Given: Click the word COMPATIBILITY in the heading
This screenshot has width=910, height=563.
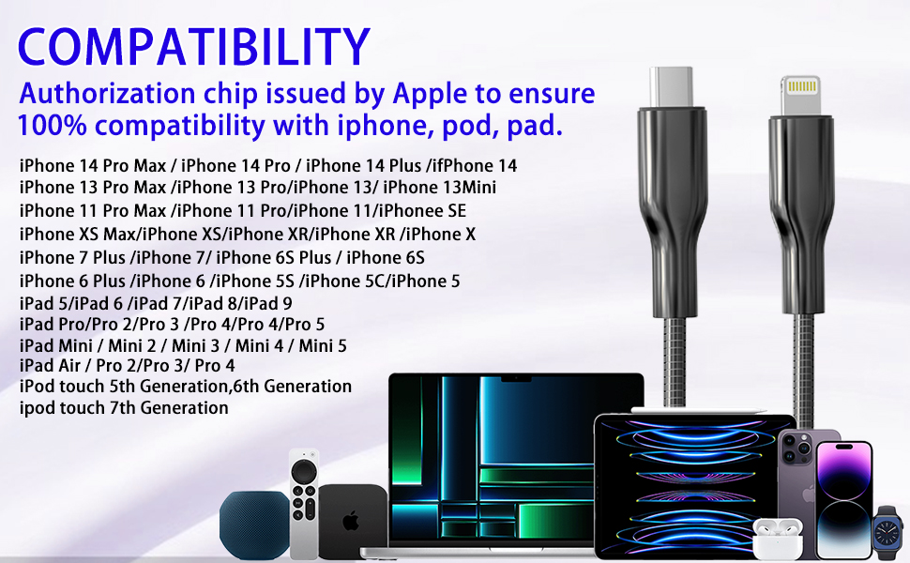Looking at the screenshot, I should [x=192, y=47].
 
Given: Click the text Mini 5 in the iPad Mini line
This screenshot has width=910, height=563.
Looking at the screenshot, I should [x=323, y=346].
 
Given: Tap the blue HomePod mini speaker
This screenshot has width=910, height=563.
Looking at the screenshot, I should [x=254, y=524].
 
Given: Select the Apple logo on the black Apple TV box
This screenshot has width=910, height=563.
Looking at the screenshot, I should [x=351, y=521].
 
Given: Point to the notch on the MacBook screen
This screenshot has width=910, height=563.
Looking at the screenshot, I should [x=516, y=380].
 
